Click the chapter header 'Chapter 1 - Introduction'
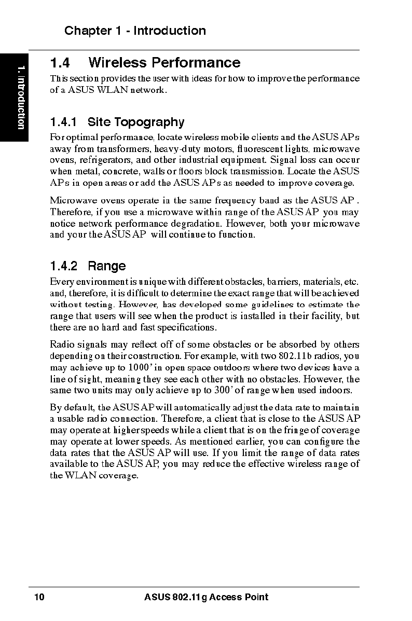[135, 31]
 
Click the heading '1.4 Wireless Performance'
[145, 63]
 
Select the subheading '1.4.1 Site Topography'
[117, 122]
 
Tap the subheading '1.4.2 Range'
[88, 266]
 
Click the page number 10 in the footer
[39, 597]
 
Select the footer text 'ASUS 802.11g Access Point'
[207, 597]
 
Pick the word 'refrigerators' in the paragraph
[105, 160]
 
